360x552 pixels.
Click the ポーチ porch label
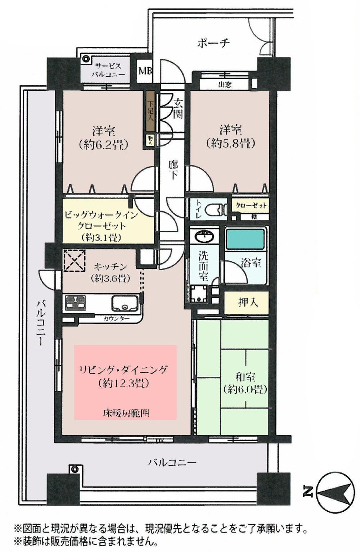[213, 43]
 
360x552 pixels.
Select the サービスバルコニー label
[108, 71]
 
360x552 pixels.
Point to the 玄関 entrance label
[177, 108]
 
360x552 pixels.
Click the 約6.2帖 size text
[103, 144]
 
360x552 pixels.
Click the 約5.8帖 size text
[231, 144]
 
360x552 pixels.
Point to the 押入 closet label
[248, 302]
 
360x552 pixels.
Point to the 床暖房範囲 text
[126, 413]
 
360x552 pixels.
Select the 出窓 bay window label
[225, 85]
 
